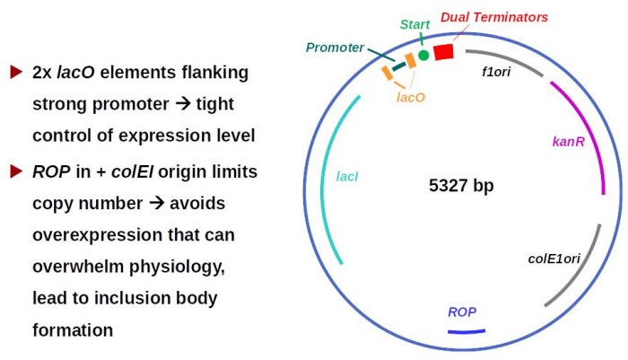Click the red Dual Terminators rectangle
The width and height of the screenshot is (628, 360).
pyautogui.click(x=442, y=52)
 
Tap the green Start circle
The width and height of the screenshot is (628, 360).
pyautogui.click(x=423, y=56)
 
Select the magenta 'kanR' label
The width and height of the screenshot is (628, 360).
pyautogui.click(x=569, y=142)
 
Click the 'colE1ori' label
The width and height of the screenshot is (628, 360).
pyautogui.click(x=554, y=259)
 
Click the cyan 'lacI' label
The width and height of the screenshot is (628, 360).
pyautogui.click(x=347, y=177)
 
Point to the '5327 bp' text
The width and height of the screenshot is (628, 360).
pyautogui.click(x=461, y=187)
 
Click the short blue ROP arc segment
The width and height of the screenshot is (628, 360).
pyautogui.click(x=467, y=332)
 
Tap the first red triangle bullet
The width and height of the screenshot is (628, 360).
pyautogui.click(x=15, y=71)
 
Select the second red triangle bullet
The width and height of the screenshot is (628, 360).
pyautogui.click(x=15, y=171)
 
